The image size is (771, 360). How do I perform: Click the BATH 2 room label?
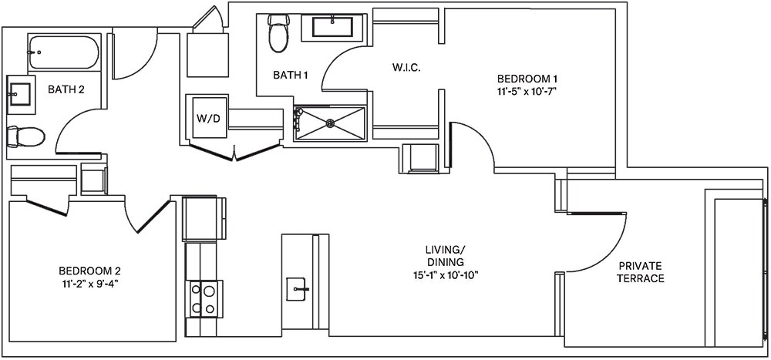tap(66, 89)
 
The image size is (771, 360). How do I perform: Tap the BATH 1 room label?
tap(291, 76)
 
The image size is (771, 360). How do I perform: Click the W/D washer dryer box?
tap(207, 118)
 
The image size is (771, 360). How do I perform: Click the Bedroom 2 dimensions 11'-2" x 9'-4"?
tap(89, 283)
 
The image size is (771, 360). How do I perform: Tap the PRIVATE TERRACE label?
tap(641, 272)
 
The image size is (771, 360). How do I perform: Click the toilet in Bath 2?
tap(25, 136)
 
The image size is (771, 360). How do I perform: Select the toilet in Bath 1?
tap(278, 33)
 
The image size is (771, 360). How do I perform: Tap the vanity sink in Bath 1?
tap(332, 26)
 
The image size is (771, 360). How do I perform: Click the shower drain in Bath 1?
tap(331, 122)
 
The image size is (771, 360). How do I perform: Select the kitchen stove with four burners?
tap(203, 298)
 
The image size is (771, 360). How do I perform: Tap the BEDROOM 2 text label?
tap(89, 271)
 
